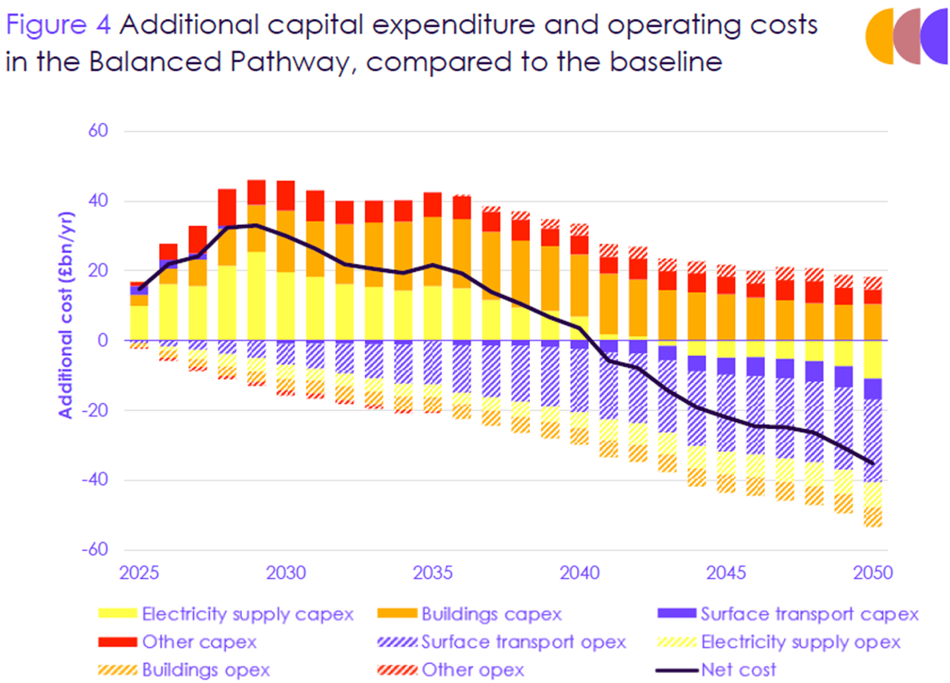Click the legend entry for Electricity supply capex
(230, 614)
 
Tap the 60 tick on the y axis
(98, 132)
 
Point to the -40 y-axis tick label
(94, 480)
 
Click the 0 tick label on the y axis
(102, 341)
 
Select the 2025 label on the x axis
(139, 573)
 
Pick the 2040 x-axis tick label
(579, 573)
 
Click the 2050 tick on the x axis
(872, 573)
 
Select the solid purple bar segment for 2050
(872, 388)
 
